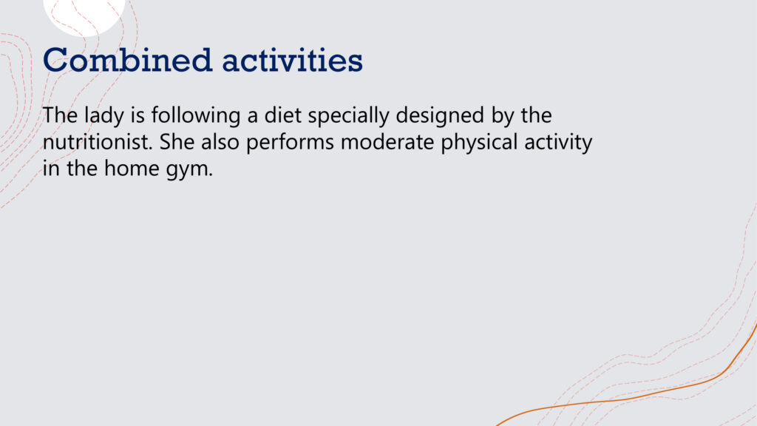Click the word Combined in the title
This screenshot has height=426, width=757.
pyautogui.click(x=128, y=60)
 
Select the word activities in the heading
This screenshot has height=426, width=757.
pyautogui.click(x=292, y=60)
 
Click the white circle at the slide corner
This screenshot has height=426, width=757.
pyautogui.click(x=84, y=15)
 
